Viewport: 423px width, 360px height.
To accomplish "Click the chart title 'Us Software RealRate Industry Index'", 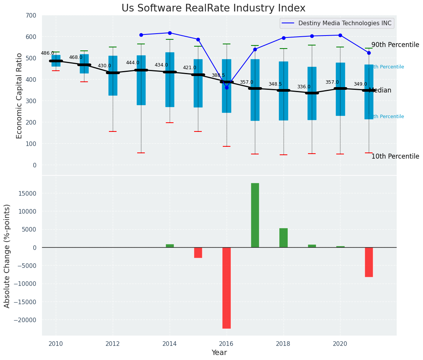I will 213,8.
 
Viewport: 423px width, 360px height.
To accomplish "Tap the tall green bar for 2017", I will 255,215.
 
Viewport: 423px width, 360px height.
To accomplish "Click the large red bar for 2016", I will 227,288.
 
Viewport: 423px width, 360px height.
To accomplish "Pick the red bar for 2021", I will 369,262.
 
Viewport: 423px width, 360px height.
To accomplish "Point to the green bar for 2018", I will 284,238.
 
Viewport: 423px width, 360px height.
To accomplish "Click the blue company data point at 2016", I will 227,88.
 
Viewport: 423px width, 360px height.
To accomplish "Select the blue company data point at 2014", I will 170,33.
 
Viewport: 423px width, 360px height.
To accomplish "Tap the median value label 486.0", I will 47,54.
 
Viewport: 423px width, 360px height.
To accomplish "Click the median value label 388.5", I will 218,76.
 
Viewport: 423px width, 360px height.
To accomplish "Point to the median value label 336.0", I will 304,87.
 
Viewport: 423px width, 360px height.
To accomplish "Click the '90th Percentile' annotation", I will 395,45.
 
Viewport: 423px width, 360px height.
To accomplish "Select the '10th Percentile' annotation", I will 395,157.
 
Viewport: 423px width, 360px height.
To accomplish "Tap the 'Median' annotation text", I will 380,91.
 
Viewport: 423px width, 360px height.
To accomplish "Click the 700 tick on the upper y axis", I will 31,16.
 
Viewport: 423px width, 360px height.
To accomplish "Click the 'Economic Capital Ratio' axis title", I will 19,95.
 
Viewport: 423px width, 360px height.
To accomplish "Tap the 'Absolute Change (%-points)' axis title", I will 7,256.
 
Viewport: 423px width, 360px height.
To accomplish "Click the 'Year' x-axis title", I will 219,353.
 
